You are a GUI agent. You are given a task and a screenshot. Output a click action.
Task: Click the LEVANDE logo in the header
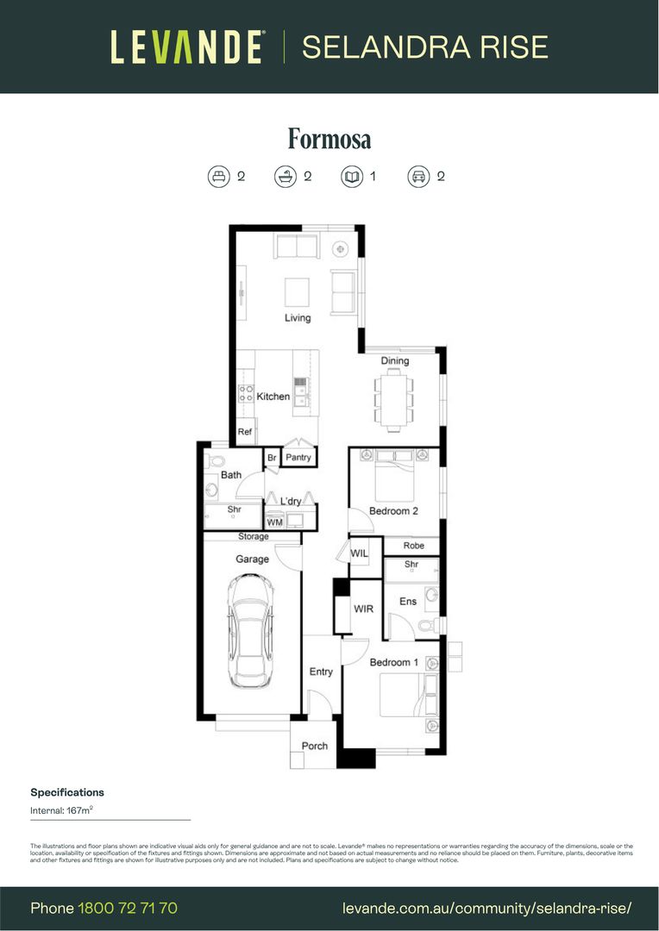click(x=186, y=47)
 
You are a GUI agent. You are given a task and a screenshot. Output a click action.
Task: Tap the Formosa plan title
click(x=329, y=140)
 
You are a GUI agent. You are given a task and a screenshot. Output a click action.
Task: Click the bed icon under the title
click(x=218, y=177)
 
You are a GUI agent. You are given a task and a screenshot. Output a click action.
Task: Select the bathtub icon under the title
click(x=286, y=177)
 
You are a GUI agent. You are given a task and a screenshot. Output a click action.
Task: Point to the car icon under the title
click(x=418, y=177)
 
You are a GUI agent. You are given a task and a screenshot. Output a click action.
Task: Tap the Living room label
click(x=298, y=318)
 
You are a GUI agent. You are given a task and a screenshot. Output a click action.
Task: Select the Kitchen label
click(x=273, y=397)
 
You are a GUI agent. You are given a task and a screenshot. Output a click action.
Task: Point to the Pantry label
click(x=298, y=458)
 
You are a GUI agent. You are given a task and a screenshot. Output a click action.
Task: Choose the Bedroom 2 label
click(x=393, y=511)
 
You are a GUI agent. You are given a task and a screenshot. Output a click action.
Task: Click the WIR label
click(x=364, y=609)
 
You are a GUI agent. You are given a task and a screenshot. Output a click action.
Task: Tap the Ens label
click(x=407, y=602)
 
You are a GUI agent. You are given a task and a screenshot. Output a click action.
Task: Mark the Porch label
click(x=315, y=746)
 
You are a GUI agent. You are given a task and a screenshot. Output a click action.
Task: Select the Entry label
click(x=321, y=672)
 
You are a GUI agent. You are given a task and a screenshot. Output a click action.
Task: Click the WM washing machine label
click(x=274, y=522)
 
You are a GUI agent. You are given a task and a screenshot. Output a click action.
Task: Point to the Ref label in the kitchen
click(x=245, y=432)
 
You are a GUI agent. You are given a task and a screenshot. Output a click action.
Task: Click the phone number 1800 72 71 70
click(x=128, y=908)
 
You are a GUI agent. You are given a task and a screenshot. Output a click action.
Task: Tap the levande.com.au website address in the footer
click(x=487, y=908)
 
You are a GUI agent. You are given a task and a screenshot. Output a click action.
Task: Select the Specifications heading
click(x=67, y=792)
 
